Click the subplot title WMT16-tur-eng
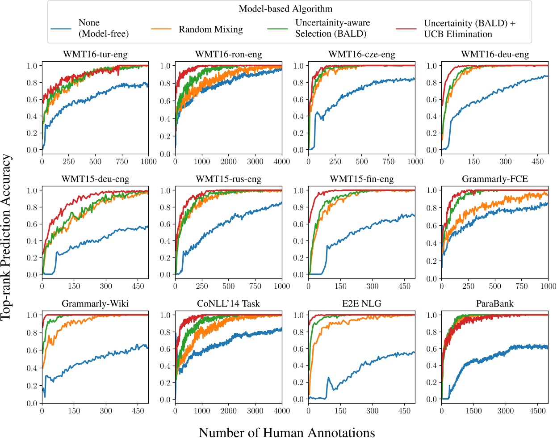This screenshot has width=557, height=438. (95, 55)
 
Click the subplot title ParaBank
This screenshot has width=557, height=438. (494, 304)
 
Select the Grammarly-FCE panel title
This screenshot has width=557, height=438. (494, 179)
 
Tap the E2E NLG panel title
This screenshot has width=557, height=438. (361, 304)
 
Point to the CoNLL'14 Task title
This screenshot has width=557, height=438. (228, 304)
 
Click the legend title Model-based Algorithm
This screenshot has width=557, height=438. (285, 9)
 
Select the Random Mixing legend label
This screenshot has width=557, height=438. (211, 29)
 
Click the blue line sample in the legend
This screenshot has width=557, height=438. (61, 29)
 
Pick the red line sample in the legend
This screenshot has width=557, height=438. (406, 29)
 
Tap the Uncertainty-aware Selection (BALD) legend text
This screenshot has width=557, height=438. (332, 28)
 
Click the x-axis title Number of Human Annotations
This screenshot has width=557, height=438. (286, 432)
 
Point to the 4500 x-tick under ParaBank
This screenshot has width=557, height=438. (537, 411)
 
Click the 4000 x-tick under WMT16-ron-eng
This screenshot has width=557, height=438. (282, 162)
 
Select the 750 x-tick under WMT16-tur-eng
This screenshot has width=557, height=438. (121, 162)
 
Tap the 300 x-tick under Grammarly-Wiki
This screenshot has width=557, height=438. (106, 411)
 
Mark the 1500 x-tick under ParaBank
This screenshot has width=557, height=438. (473, 411)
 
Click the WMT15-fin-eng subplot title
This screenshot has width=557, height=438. (361, 179)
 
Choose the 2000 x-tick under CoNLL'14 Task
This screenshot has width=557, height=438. (228, 411)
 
